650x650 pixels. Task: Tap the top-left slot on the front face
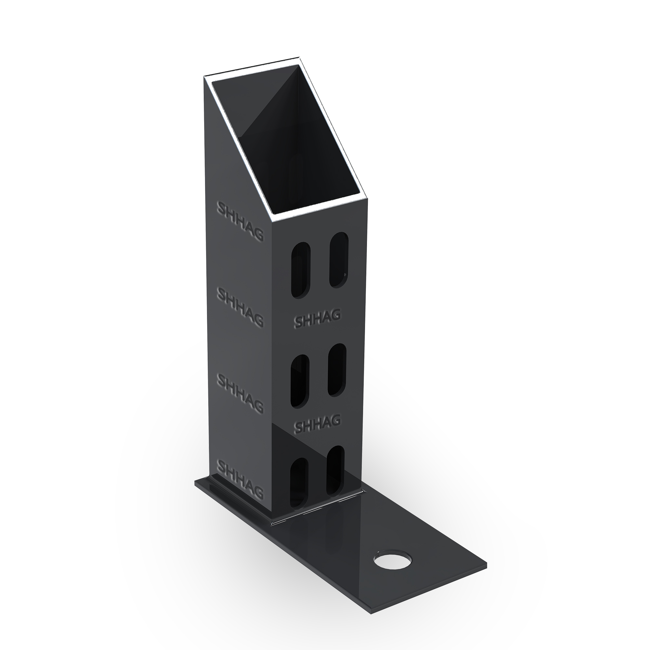(300, 270)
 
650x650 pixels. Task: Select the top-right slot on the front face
(339, 260)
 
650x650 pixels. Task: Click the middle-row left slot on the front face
(300, 382)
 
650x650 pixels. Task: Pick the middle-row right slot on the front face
(337, 370)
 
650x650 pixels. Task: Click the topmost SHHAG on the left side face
(240, 221)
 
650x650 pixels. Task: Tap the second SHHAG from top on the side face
(240, 307)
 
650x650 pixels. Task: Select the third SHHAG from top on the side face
(240, 393)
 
